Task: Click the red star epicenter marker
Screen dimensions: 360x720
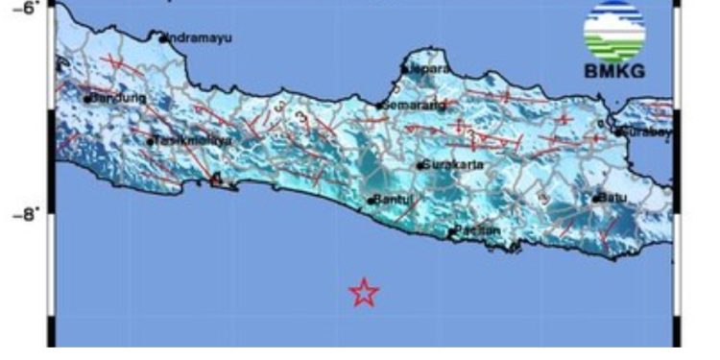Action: pyautogui.click(x=364, y=292)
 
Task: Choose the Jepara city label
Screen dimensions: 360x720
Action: pyautogui.click(x=429, y=69)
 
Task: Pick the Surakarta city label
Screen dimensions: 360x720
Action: pyautogui.click(x=453, y=164)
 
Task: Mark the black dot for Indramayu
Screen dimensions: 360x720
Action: pyautogui.click(x=163, y=37)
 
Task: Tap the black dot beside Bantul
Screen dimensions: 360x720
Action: pyautogui.click(x=371, y=202)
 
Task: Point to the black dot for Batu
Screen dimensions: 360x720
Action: pyautogui.click(x=596, y=199)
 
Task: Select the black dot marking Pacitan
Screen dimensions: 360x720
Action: pyautogui.click(x=452, y=230)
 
